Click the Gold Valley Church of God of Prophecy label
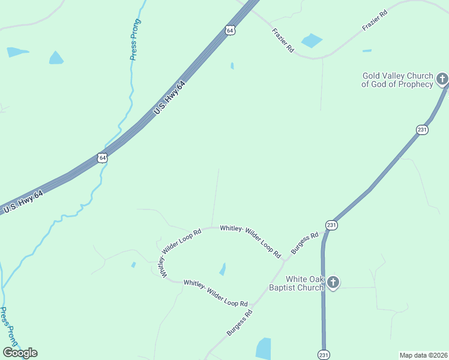tap(397, 80)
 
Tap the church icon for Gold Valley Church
tap(442, 79)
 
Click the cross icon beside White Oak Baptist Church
tap(333, 282)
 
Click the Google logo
tap(20, 353)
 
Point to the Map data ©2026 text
tap(423, 355)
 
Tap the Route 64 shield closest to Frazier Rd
tap(230, 30)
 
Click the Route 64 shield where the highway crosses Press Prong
tap(102, 158)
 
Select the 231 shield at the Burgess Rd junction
tap(331, 224)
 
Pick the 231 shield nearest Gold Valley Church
tap(422, 129)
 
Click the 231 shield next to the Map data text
tap(324, 354)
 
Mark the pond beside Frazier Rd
tap(312, 41)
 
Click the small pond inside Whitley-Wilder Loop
tap(223, 269)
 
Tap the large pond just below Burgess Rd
tap(264, 348)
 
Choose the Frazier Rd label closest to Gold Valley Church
tap(375, 20)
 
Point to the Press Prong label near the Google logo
tap(10, 327)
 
